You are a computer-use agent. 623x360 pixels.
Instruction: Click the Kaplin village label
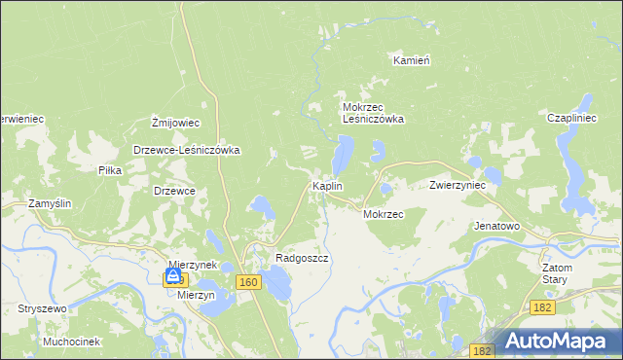click(x=325, y=185)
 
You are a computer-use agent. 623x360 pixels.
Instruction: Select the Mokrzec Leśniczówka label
click(x=372, y=113)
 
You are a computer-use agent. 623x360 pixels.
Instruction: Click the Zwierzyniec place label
click(x=458, y=185)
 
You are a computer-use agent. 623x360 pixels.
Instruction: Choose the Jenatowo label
click(x=496, y=226)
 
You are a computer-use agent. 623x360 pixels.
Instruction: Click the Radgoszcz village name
click(x=302, y=259)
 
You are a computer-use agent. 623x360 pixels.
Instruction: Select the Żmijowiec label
click(x=175, y=123)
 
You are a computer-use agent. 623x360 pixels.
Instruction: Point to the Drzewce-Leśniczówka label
click(x=186, y=151)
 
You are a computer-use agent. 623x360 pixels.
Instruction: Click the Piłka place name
click(x=109, y=170)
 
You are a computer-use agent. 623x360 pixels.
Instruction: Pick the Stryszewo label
click(x=41, y=308)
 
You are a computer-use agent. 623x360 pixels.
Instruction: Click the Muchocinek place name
click(x=72, y=342)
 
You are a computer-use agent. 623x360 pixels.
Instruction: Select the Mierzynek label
click(x=191, y=264)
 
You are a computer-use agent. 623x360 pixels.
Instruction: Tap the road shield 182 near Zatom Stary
click(x=544, y=307)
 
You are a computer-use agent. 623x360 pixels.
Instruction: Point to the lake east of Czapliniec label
click(x=587, y=101)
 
